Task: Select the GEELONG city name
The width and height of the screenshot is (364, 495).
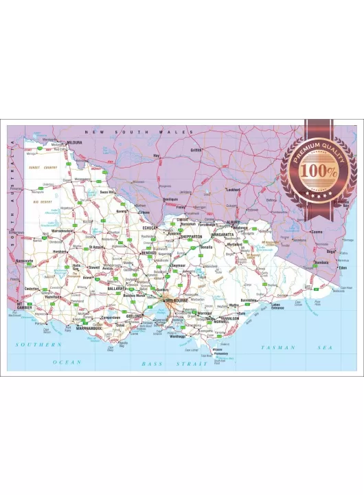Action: coord(133,316)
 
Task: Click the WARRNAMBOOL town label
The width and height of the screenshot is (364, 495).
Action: coord(90,328)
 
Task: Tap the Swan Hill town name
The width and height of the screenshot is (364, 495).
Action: coord(106,192)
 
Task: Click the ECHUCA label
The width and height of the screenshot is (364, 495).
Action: coord(150,227)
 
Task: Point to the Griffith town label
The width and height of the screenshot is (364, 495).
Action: coord(197,150)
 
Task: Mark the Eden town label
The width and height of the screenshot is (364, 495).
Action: coord(342,268)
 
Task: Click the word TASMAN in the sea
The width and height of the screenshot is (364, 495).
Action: coord(278,348)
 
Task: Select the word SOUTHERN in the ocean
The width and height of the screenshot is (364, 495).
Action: coord(39,344)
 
